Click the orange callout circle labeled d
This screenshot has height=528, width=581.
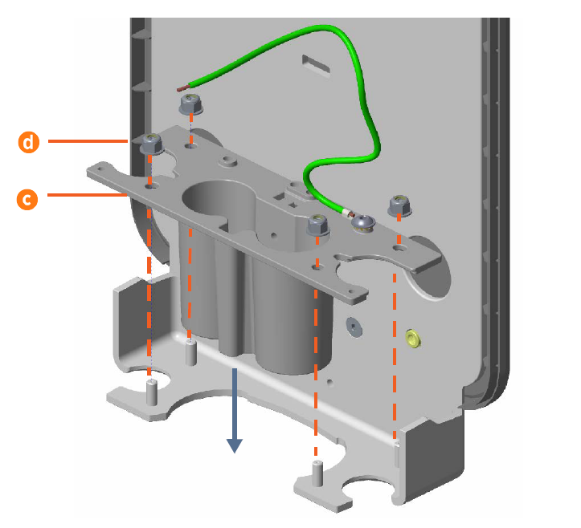[29, 142]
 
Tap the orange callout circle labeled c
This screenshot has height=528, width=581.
[27, 199]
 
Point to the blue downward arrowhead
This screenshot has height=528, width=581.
[235, 445]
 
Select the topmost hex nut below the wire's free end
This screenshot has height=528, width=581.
[190, 104]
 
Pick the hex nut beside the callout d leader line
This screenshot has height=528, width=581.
[152, 144]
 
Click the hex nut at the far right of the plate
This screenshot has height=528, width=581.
[399, 205]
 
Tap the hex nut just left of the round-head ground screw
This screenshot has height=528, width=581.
[318, 224]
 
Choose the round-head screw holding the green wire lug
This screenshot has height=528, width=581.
[363, 223]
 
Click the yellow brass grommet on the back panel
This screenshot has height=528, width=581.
[412, 338]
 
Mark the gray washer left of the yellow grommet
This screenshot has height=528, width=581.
[354, 327]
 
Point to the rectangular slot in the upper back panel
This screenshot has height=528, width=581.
[316, 66]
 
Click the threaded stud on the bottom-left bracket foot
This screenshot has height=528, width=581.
[152, 392]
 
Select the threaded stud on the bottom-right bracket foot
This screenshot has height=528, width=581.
[317, 473]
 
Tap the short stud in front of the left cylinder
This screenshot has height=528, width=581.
[190, 352]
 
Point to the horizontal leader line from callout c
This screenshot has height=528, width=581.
[88, 195]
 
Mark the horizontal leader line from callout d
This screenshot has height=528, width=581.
[88, 141]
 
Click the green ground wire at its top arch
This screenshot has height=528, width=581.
[319, 29]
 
